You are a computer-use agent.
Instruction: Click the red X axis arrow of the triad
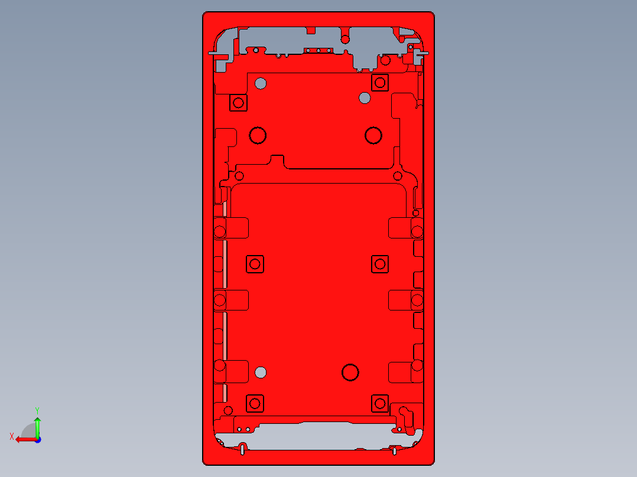24,439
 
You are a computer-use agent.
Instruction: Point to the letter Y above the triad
37,410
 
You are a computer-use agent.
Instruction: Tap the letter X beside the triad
12,436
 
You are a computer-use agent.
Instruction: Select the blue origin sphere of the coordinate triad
37,439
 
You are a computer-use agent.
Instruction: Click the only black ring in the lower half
350,372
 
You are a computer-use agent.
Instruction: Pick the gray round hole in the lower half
260,372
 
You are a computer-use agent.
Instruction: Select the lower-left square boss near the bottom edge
255,404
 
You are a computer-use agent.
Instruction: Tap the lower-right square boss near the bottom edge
379,404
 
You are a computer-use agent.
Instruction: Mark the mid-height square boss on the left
255,264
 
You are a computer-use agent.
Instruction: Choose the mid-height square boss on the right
380,264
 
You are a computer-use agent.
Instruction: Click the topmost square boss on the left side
239,103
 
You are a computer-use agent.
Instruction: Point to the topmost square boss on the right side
380,83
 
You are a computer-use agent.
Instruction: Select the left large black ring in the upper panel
258,136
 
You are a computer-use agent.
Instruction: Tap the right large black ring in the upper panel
373,136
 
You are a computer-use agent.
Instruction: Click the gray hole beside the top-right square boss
365,97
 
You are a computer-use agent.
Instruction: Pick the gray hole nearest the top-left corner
261,83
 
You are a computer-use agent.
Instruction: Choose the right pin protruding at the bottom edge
394,451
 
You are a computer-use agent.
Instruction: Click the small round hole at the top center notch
345,40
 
